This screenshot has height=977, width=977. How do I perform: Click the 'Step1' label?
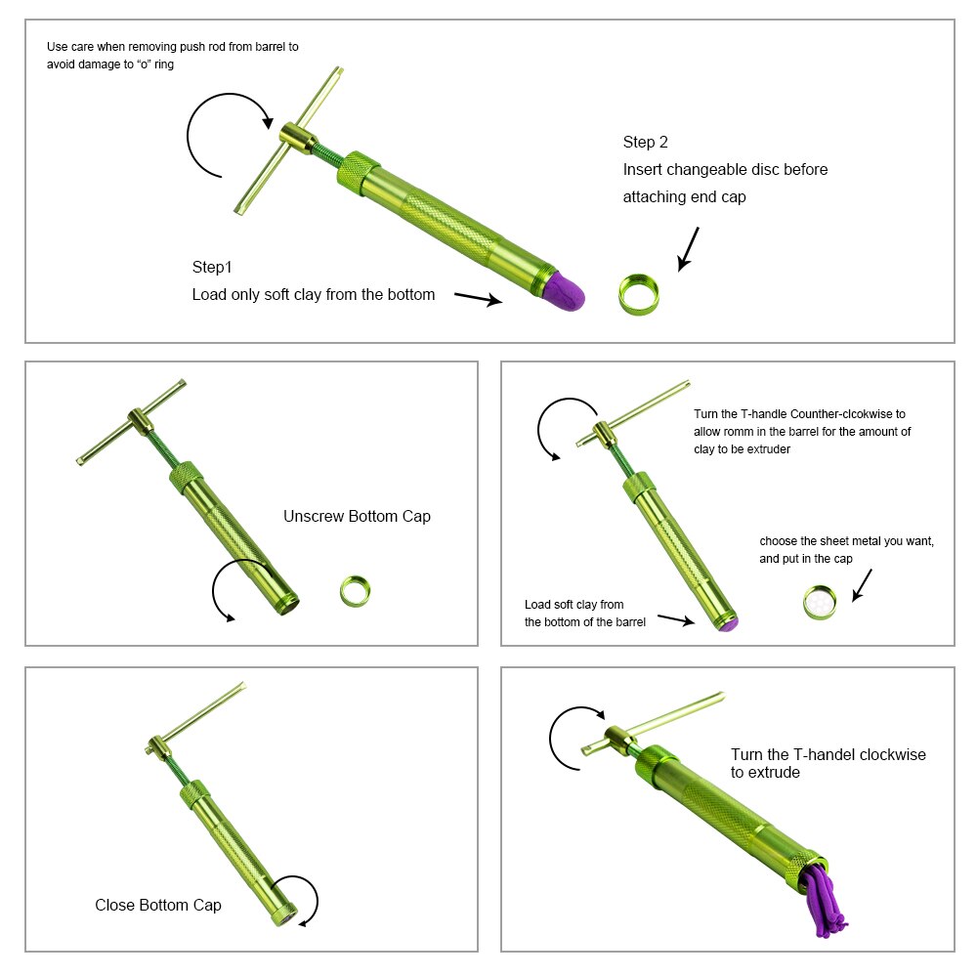pyautogui.click(x=212, y=268)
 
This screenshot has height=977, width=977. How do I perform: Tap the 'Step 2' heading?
pyautogui.click(x=645, y=142)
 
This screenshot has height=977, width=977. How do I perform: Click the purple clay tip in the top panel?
pyautogui.click(x=566, y=291)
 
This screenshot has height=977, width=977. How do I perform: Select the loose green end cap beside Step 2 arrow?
pyautogui.click(x=639, y=295)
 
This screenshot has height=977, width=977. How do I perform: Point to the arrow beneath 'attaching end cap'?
pyautogui.click(x=689, y=248)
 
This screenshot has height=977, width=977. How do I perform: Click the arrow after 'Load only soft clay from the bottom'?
pyautogui.click(x=478, y=298)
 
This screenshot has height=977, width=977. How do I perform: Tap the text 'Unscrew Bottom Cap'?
pyautogui.click(x=357, y=516)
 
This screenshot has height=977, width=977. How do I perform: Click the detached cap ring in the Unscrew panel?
pyautogui.click(x=356, y=591)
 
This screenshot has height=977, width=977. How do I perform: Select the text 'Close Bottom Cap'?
pyautogui.click(x=158, y=905)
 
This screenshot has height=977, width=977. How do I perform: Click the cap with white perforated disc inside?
pyautogui.click(x=820, y=602)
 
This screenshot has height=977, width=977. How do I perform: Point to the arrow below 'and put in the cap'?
pyautogui.click(x=862, y=584)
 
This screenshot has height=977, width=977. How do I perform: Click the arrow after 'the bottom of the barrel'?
pyautogui.click(x=676, y=619)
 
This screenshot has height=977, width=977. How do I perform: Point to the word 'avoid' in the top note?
pyautogui.click(x=59, y=64)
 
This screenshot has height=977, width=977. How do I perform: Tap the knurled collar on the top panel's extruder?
pyautogui.click(x=359, y=173)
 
